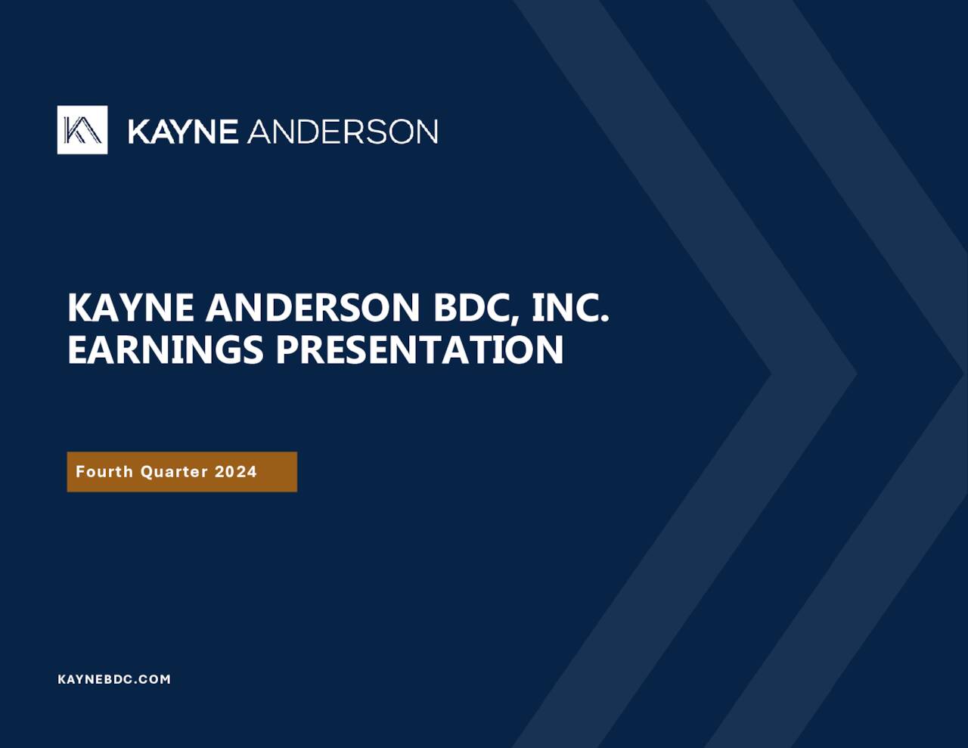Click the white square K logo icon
(82, 130)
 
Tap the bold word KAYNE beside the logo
(183, 132)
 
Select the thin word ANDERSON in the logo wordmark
(343, 132)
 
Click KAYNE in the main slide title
(131, 308)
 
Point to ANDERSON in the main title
(312, 308)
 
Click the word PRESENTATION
(420, 349)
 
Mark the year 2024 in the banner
(236, 472)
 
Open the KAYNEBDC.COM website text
(114, 679)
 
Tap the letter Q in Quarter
(147, 472)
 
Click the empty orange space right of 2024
(278, 472)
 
